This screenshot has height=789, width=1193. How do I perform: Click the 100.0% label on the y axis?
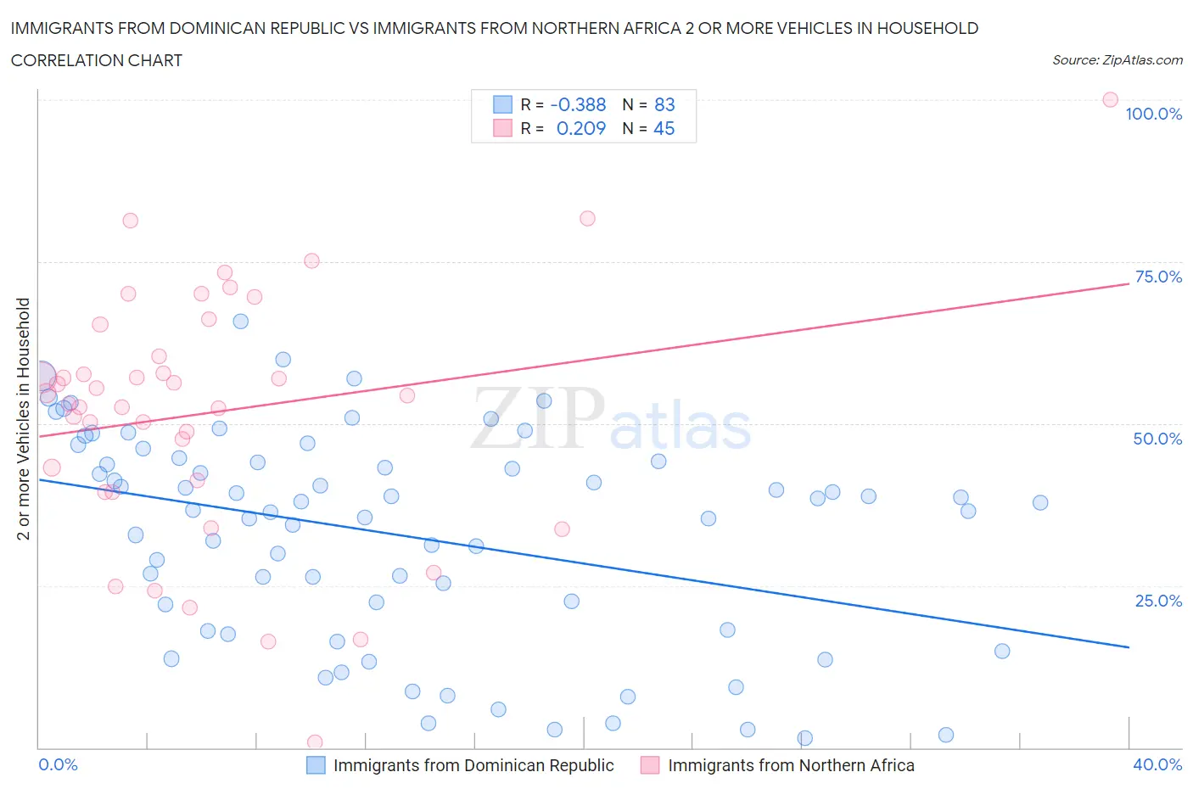1153,114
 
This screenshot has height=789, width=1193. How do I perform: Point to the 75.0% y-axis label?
1158,277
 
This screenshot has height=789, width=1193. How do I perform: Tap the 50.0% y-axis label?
1157,439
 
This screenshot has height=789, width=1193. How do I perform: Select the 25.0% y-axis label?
1158,601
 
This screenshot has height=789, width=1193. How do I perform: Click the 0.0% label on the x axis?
59,764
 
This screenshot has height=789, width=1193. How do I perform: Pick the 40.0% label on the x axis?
1157,764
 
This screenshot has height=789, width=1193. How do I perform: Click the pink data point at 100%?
1110,99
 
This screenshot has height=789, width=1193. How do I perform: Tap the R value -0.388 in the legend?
578,104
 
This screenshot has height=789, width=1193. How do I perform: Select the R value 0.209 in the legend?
580,128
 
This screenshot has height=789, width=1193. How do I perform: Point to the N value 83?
664,104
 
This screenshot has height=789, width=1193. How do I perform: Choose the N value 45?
664,128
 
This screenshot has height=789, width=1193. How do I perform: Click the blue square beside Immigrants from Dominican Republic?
316,765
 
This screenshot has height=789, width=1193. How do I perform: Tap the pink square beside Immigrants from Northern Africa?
650,765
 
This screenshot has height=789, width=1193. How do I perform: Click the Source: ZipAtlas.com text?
1117,59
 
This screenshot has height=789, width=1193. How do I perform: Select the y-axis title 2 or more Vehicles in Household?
24,418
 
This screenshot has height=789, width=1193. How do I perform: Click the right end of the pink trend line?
1129,283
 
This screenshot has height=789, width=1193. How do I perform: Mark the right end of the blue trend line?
1129,647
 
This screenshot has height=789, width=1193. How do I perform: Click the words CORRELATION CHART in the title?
97,60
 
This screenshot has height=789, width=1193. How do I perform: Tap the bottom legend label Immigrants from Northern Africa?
791,765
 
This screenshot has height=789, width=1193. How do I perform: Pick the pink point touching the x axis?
315,742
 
